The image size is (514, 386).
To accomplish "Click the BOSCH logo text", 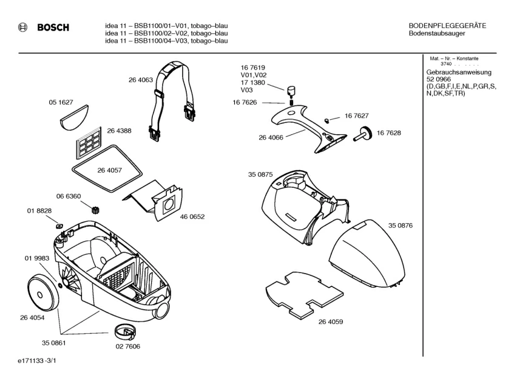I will pos(53,27).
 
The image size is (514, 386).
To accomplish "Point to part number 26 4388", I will pos(119,131).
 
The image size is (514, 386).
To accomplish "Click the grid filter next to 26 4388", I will pos(92,142).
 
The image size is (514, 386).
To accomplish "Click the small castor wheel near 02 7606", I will pos(126,333).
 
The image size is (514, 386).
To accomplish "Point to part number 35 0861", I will pos(53,343).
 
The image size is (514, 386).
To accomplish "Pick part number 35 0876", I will pos(400,226).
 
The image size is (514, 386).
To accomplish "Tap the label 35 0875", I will pos(260,175).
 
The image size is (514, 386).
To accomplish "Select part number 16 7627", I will pos(356,115).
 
